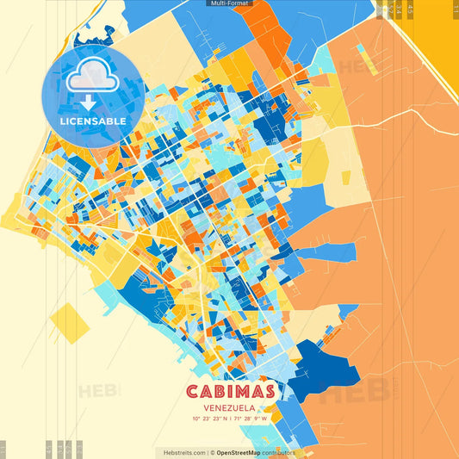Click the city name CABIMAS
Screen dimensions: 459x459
point(229,392)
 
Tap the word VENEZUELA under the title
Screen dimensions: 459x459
point(229,407)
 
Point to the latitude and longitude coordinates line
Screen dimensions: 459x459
point(229,419)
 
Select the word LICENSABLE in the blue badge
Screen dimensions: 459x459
point(93,121)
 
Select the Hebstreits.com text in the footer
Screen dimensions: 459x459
point(181,452)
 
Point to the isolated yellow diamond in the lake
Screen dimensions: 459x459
point(70,323)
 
